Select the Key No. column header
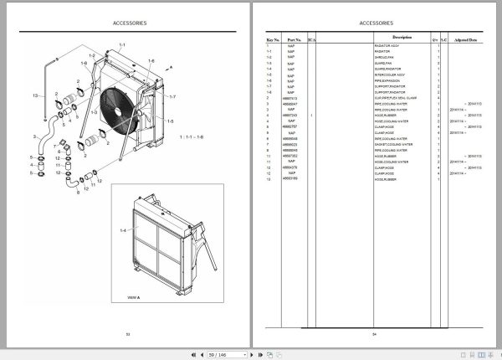(273, 39)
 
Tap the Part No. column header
(293, 39)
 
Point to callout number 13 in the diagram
(35, 96)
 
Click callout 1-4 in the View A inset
(122, 229)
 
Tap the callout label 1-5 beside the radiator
(171, 121)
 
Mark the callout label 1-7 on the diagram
(173, 97)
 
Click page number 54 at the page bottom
(375, 334)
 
